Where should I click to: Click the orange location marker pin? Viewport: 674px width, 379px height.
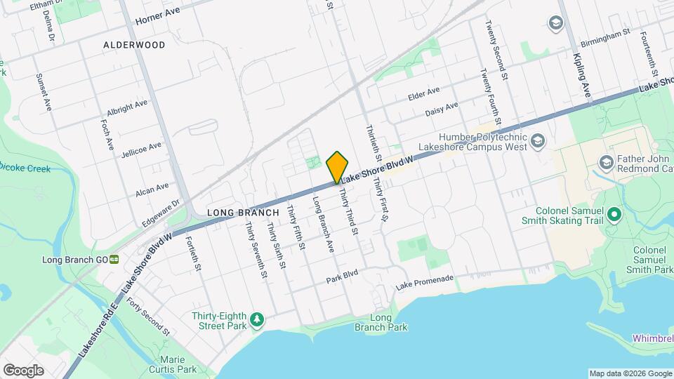337,167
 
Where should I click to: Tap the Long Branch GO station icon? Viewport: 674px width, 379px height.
114,259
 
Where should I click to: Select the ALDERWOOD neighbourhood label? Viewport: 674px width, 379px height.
134,45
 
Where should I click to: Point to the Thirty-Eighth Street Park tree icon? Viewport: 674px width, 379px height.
258,320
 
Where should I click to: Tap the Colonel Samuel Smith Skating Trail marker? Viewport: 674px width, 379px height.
615,214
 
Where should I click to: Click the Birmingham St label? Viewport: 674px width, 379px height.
600,35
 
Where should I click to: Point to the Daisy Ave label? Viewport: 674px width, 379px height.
442,109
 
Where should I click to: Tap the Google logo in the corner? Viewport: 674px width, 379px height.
23,371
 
